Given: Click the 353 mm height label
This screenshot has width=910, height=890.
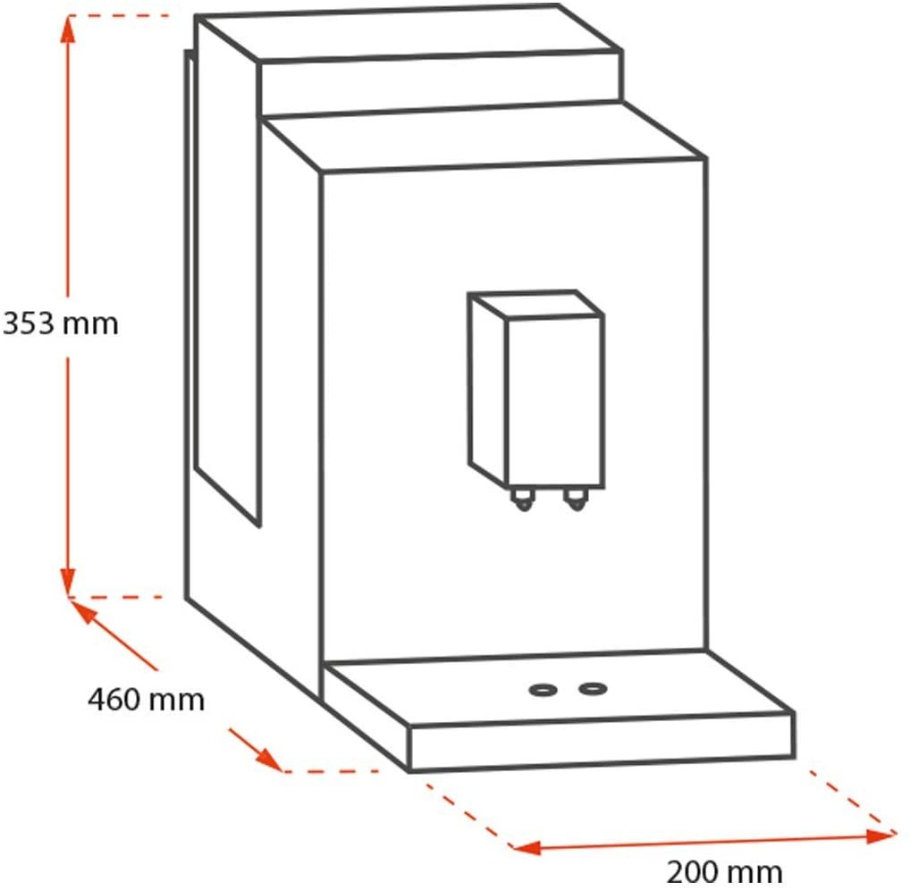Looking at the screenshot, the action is tap(61, 323).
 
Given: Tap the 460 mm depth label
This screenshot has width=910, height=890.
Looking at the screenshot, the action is tap(147, 699).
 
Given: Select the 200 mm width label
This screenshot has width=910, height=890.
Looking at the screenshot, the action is tap(724, 871).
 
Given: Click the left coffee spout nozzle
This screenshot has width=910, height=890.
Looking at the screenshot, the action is tap(522, 500).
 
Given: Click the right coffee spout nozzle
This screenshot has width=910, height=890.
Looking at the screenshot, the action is tap(576, 499).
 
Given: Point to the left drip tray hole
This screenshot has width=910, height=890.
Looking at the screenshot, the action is tap(543, 691).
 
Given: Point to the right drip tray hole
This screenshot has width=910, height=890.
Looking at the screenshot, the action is tap(593, 689).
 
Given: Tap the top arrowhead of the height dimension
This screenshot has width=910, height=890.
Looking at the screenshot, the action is tap(68, 29).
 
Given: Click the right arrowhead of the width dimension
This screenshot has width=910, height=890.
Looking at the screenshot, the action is tap(881, 836).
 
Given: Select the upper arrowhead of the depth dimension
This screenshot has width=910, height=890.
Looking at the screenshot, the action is tap(81, 611).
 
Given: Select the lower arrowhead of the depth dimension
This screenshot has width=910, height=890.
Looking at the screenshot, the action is tap(269, 760).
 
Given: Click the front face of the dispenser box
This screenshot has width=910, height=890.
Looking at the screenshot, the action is tap(555, 401).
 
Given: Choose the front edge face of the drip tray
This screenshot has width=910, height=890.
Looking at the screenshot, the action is tap(602, 742).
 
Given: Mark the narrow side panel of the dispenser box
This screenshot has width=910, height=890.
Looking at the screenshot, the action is tap(488, 390).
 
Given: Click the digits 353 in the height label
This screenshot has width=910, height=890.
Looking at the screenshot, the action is tap(28, 323).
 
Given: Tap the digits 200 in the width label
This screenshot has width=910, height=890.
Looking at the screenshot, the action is tap(692, 871).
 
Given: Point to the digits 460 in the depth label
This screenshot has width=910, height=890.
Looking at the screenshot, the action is tap(114, 699).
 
